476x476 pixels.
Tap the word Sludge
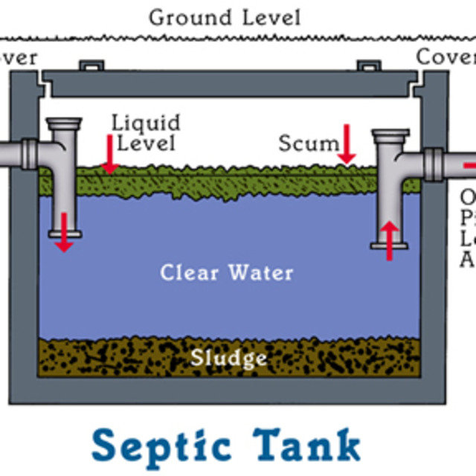click(x=228, y=358)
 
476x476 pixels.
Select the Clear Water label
click(x=227, y=272)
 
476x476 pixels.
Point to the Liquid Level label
click(x=146, y=132)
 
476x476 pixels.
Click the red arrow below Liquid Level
click(x=110, y=154)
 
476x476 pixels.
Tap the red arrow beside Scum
click(x=346, y=144)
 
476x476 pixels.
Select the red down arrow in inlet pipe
click(x=64, y=231)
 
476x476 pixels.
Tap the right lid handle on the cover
click(x=367, y=67)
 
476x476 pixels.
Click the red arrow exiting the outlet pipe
click(x=468, y=164)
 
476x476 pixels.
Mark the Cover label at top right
click(x=445, y=57)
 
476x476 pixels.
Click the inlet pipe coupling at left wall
click(x=30, y=154)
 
